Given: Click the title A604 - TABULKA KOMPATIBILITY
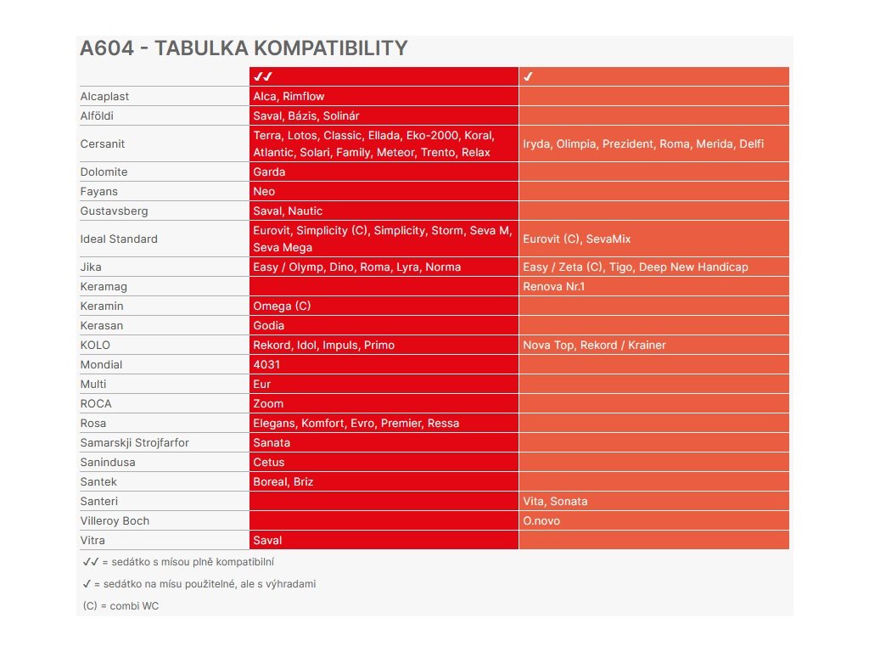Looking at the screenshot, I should click(x=244, y=48).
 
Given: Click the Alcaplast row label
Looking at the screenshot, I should click(x=104, y=96).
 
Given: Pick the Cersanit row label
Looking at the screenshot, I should click(x=103, y=143).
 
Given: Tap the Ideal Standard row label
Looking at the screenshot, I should click(x=119, y=239).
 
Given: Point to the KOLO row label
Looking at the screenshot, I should click(x=95, y=345).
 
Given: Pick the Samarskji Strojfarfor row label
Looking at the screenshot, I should click(x=134, y=442).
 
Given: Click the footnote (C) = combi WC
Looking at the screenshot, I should click(x=121, y=605).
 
